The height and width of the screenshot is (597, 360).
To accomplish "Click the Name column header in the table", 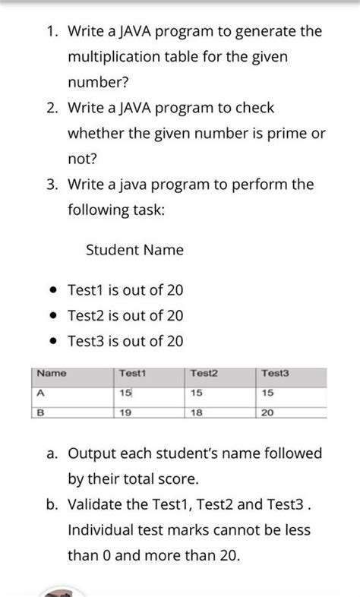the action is click(52, 374).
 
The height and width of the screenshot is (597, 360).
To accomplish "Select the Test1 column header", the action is click(132, 374).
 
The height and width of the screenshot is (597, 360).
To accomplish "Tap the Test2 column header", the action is click(204, 374).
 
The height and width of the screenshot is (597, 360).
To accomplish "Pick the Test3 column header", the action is click(275, 374).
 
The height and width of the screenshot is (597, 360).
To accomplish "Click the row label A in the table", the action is click(40, 393).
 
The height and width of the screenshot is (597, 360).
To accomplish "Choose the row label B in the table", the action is click(40, 412).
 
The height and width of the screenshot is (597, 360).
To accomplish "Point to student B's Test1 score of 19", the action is click(126, 412).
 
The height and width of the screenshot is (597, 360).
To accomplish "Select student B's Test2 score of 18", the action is click(197, 412).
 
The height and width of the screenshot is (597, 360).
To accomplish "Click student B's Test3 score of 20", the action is click(268, 412).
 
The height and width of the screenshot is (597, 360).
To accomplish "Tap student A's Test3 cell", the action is click(268, 393).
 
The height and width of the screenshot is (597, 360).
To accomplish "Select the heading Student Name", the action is click(134, 250).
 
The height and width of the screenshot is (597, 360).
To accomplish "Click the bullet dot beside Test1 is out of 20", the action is click(52, 291).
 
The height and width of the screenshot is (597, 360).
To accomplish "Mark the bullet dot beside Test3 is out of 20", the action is click(52, 342).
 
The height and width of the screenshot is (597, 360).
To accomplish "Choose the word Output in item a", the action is click(92, 453).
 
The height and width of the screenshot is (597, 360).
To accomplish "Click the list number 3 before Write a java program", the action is click(50, 185).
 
